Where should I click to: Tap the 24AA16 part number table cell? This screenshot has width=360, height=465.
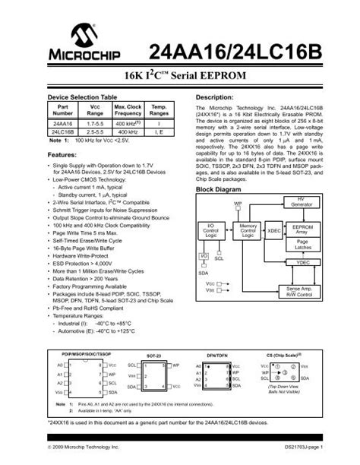(63, 123)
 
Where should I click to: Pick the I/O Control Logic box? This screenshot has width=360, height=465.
(214, 229)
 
